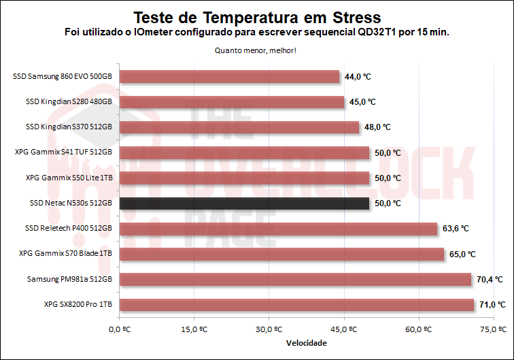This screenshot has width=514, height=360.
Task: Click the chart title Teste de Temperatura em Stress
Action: tap(256, 16)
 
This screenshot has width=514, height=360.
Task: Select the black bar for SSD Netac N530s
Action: tap(244, 203)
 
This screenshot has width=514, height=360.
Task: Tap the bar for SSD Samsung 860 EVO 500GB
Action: tap(229, 76)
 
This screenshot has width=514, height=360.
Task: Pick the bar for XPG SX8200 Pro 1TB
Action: tap(296, 304)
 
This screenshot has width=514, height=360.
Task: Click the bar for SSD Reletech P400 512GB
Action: tap(278, 229)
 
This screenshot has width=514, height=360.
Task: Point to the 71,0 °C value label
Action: tap(492, 305)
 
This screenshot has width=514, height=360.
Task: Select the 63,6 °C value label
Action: tap(456, 229)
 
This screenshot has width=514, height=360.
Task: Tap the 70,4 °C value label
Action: tap(490, 279)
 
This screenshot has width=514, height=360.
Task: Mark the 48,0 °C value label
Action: tap(377, 127)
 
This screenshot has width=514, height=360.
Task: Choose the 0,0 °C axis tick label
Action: tap(119, 329)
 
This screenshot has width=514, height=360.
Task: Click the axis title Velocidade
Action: tap(306, 343)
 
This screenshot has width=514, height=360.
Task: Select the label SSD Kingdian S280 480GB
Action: tap(69, 102)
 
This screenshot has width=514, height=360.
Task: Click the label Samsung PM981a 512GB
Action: tap(69, 279)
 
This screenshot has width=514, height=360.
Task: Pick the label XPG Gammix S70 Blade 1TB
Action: tap(66, 254)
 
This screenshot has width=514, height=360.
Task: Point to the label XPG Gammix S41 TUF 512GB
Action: tap(63, 152)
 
